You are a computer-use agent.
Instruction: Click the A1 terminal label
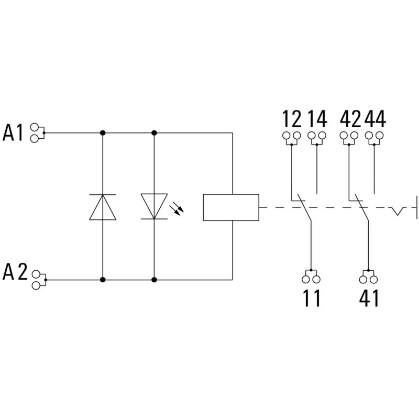(x=15, y=133)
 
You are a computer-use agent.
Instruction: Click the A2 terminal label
(x=15, y=273)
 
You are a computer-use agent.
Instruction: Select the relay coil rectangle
(x=230, y=207)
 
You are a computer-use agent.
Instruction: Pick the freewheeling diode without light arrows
(x=103, y=206)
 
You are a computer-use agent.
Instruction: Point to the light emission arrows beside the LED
(x=179, y=209)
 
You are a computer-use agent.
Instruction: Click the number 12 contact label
(x=292, y=119)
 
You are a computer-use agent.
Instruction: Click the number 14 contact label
(x=317, y=119)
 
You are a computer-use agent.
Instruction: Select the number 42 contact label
(x=350, y=119)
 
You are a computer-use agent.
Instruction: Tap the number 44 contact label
(x=375, y=119)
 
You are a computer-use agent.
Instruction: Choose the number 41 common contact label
(x=369, y=299)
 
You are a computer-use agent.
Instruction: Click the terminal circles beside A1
(x=36, y=133)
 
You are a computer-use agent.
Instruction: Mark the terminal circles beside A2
(x=36, y=280)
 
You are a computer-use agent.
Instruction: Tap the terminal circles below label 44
(x=374, y=137)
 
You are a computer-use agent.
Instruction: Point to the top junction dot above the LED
(x=155, y=133)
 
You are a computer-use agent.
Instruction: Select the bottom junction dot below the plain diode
(x=103, y=280)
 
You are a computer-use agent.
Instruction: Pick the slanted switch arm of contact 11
(x=303, y=208)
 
